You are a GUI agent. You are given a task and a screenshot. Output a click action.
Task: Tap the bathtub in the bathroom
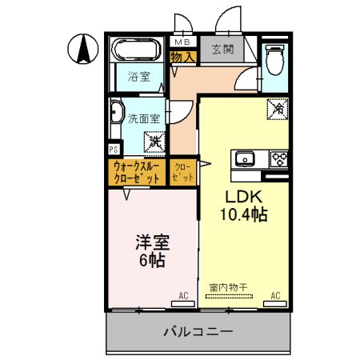click(x=138, y=50)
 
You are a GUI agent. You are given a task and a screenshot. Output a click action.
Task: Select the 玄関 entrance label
click(x=222, y=50)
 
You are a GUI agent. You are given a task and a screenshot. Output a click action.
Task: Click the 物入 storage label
click(x=183, y=57)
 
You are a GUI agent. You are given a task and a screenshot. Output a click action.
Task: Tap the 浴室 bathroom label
click(x=140, y=77)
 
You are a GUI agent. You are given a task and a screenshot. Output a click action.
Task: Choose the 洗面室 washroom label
click(x=145, y=118)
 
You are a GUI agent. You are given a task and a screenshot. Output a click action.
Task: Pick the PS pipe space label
click(x=114, y=148)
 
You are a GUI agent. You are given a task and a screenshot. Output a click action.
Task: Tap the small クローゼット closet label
click(x=183, y=172)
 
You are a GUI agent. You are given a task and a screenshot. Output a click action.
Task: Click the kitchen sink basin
click(x=244, y=158)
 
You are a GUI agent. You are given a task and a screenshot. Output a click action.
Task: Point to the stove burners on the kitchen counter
click(x=278, y=158)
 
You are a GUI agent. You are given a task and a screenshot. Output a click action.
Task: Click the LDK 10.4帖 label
click(x=243, y=205)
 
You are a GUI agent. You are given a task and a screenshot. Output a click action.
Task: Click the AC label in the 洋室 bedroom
click(x=183, y=296)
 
